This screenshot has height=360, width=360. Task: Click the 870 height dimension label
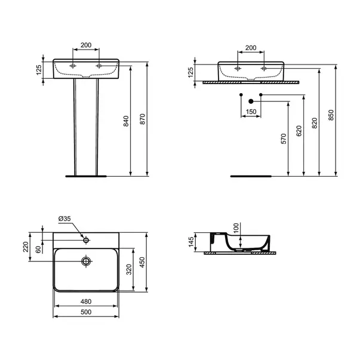143,119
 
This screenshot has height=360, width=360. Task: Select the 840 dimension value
126,121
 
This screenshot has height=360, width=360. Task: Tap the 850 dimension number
331,115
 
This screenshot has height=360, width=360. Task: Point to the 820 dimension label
315,123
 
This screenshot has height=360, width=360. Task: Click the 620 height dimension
299,131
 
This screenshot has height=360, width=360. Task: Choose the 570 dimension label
284,139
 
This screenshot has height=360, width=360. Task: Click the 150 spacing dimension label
251,112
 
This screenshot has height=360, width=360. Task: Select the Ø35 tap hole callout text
64,219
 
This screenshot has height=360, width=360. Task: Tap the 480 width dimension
86,301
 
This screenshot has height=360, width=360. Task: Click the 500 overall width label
86,312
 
